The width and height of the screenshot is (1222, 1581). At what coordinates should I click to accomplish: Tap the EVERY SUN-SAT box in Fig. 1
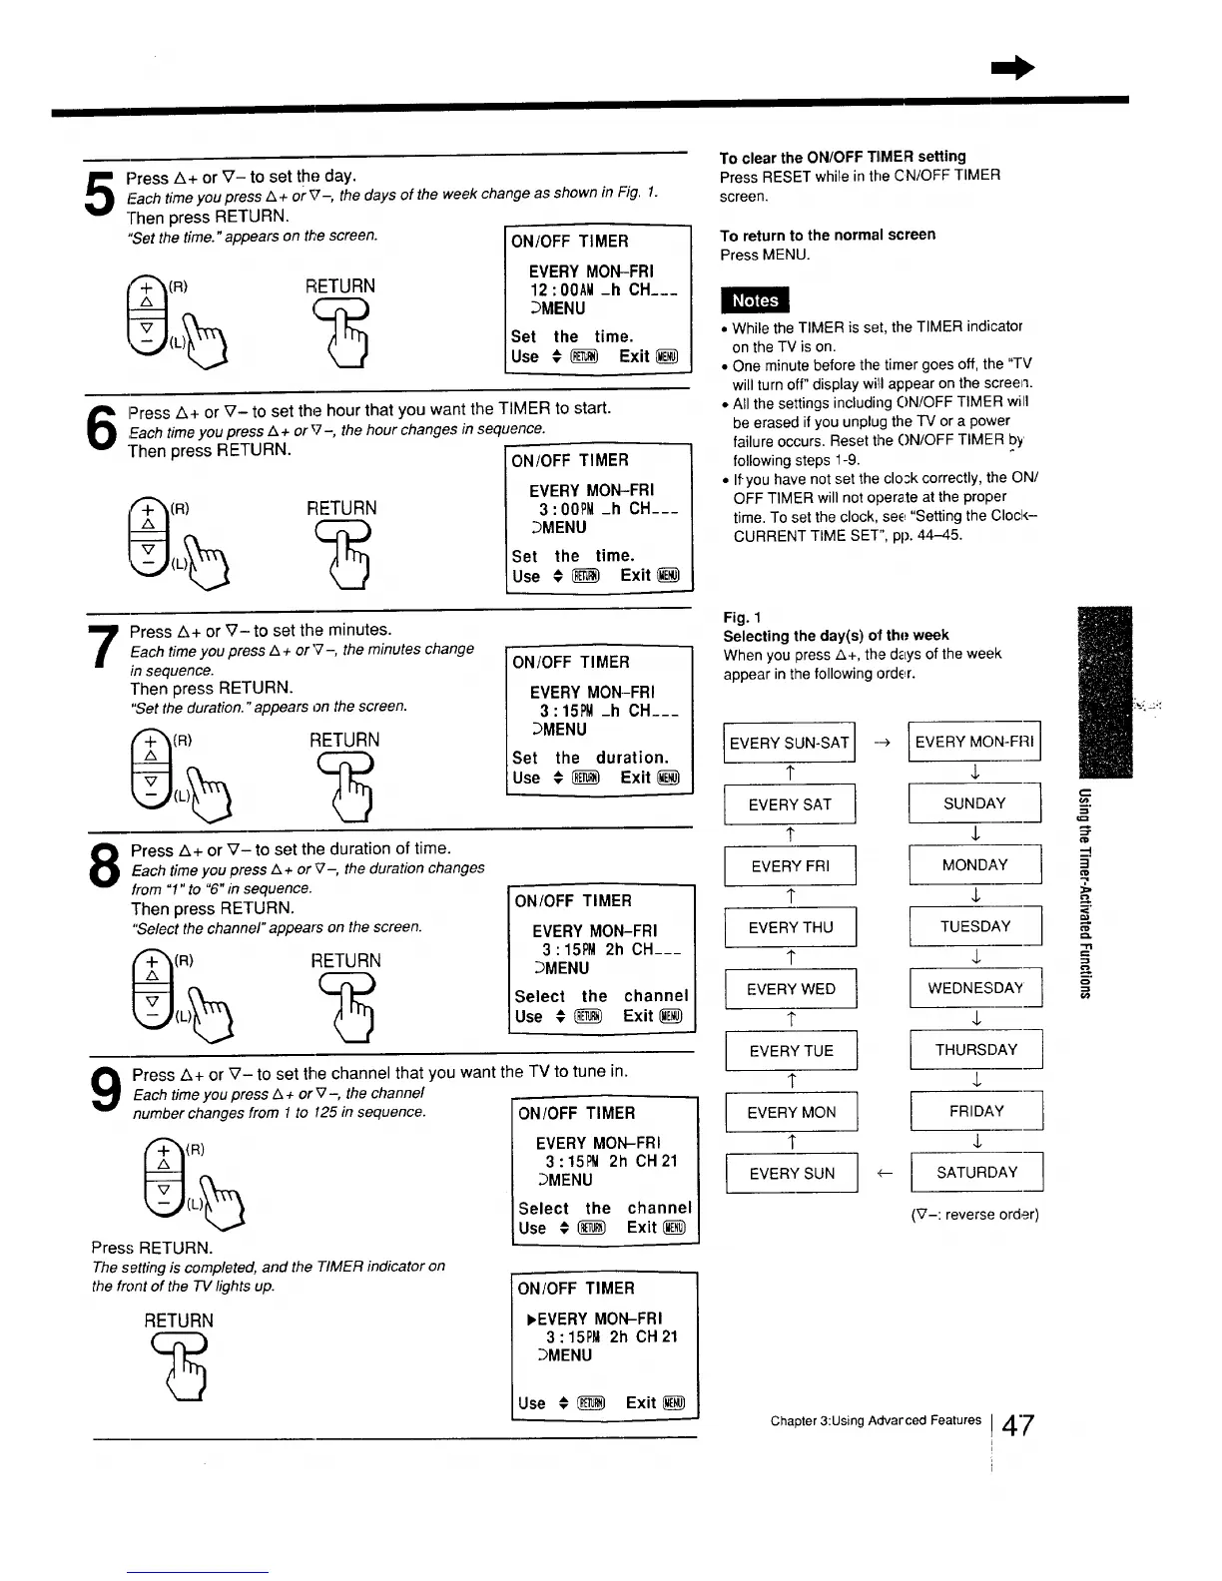tap(789, 743)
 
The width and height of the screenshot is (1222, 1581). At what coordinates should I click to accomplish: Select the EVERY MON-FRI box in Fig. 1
tap(974, 742)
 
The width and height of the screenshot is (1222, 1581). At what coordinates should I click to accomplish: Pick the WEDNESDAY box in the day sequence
tap(974, 988)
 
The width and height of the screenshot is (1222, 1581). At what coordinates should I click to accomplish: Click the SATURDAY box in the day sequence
tap(976, 1173)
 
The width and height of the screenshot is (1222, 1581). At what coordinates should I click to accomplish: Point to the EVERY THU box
tap(790, 927)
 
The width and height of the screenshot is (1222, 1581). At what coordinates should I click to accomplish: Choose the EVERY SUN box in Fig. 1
tap(791, 1174)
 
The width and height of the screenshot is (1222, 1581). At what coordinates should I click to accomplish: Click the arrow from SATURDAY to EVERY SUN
tap(884, 1174)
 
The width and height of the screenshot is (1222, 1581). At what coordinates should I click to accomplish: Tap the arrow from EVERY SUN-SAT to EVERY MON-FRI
tap(882, 743)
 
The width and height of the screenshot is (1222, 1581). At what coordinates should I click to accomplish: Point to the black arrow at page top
tap(1011, 67)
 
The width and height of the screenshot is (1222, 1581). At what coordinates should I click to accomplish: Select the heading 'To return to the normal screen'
tap(828, 235)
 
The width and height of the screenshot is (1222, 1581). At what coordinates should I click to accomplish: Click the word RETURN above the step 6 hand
tap(341, 508)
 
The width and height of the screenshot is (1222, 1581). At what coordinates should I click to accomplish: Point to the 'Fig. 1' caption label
tap(740, 617)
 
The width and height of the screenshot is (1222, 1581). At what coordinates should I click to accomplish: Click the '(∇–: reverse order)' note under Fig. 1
tap(973, 1215)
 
